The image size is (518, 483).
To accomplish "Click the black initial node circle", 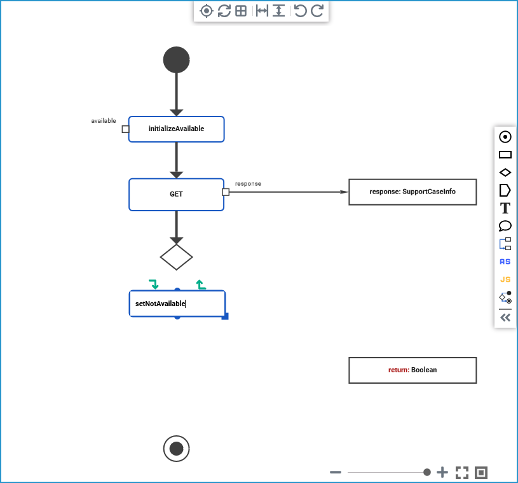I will click(x=176, y=60).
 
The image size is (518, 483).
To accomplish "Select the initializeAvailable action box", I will click(x=176, y=129).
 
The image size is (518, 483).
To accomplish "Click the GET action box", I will click(x=176, y=194).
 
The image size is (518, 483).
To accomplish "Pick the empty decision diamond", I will click(x=176, y=257).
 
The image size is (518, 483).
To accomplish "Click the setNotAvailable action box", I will click(x=177, y=304).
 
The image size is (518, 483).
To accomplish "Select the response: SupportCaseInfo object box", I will click(x=412, y=192).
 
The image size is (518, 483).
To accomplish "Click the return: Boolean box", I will click(x=412, y=370).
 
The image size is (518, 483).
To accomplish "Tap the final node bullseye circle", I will click(x=176, y=449).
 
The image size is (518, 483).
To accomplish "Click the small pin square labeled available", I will click(x=125, y=129).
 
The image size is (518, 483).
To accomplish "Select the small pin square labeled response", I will click(x=226, y=192).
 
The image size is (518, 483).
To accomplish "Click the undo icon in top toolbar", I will click(x=300, y=11).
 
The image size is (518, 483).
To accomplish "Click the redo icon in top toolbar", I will click(x=317, y=11).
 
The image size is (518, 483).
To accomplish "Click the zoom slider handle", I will click(x=427, y=472).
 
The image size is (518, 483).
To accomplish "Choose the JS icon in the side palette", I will click(x=505, y=279).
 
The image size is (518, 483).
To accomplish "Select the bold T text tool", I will click(x=505, y=208).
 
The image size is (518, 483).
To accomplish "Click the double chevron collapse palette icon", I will click(x=505, y=318).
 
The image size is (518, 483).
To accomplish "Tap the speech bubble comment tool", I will click(x=505, y=226).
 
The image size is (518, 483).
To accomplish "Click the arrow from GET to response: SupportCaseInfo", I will click(x=286, y=192).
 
